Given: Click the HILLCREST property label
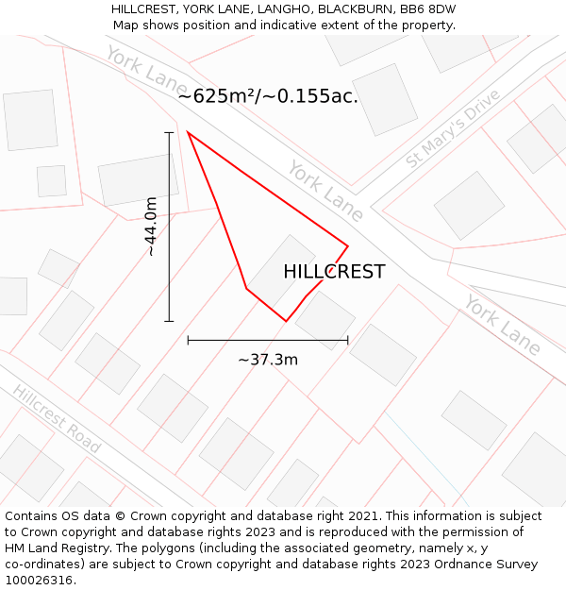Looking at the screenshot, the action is tap(334, 272).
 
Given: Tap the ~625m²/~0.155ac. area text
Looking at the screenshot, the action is tap(268, 95).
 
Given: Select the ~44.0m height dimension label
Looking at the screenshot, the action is tap(151, 227).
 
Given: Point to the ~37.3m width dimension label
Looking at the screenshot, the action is tap(268, 360).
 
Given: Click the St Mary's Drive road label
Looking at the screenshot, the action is tap(453, 129).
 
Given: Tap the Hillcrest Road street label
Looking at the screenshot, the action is tap(57, 419).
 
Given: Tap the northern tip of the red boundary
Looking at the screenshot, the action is tap(189, 133).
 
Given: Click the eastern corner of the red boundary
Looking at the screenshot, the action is tap(348, 246).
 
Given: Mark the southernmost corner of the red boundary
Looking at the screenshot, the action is tap(286, 321).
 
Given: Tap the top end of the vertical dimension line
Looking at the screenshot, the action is tap(170, 133).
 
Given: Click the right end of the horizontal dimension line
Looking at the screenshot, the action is tap(348, 340).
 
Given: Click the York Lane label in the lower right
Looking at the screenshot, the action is tap(503, 325).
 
